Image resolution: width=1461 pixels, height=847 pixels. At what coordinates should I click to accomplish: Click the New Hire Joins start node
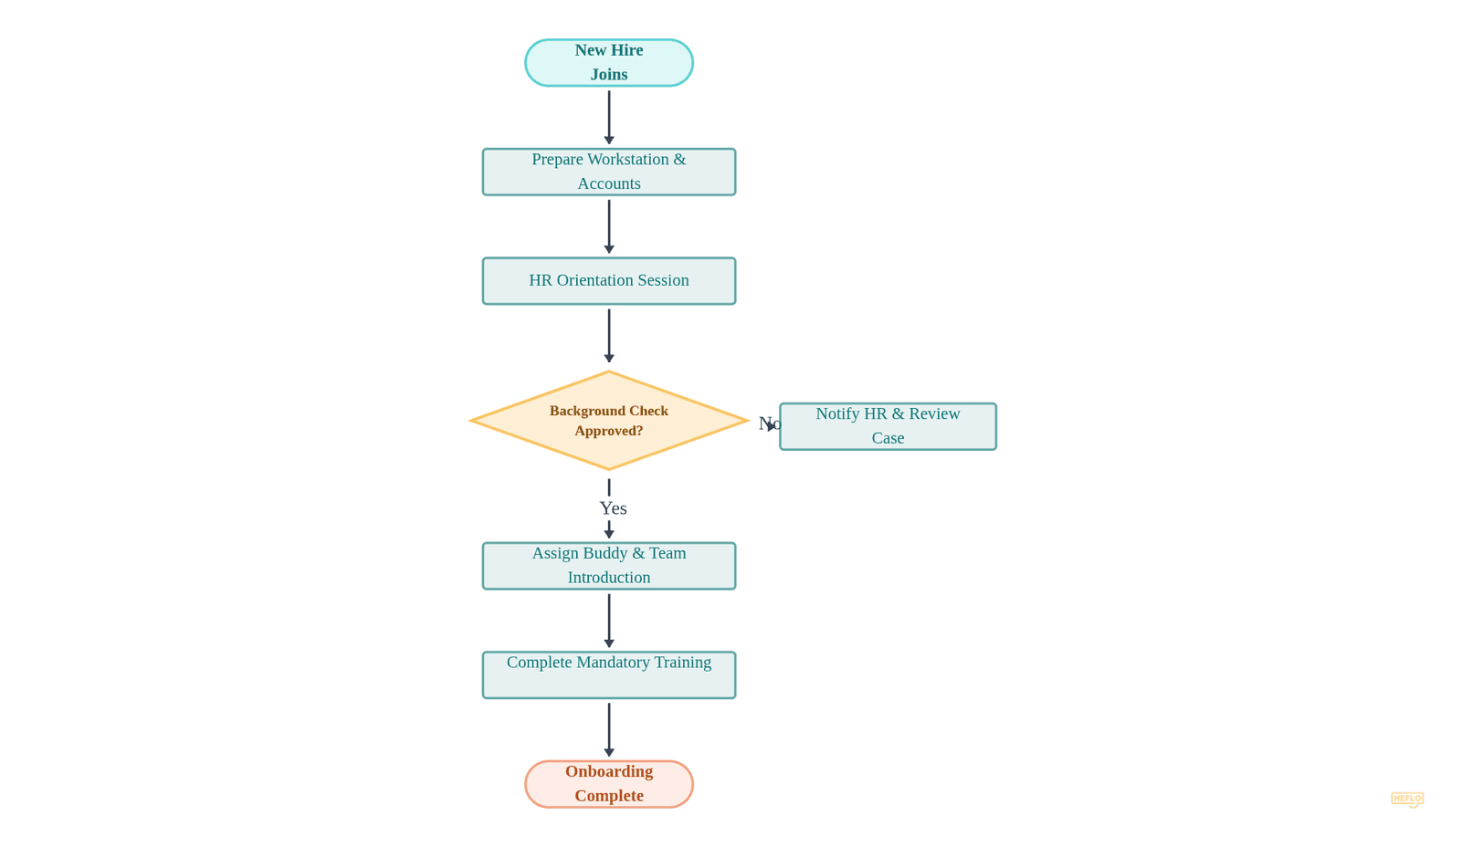pyautogui.click(x=608, y=63)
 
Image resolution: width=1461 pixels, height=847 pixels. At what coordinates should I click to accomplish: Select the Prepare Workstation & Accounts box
pyautogui.click(x=608, y=172)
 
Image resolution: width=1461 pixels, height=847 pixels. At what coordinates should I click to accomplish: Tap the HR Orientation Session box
pyautogui.click(x=608, y=281)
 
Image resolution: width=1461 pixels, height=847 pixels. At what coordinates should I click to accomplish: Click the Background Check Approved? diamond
pyautogui.click(x=608, y=421)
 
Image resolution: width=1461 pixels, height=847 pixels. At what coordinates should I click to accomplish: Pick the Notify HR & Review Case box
pyautogui.click(x=887, y=426)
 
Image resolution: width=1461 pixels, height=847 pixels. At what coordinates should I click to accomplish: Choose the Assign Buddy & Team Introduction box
pyautogui.click(x=608, y=566)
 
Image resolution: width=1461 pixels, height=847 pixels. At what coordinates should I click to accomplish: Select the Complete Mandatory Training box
pyautogui.click(x=608, y=675)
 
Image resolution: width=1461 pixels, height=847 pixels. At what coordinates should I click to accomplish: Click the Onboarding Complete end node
pyautogui.click(x=608, y=784)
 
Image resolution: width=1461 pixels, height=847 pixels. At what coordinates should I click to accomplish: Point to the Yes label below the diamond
pyautogui.click(x=613, y=508)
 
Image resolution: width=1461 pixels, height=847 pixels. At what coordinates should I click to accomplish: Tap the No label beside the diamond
pyautogui.click(x=768, y=423)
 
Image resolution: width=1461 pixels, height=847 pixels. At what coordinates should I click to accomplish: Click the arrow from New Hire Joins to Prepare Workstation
pyautogui.click(x=609, y=117)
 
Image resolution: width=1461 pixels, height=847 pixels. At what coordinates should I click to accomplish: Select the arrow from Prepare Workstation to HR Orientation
pyautogui.click(x=609, y=225)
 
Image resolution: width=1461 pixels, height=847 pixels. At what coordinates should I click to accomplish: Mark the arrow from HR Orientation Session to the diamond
pyautogui.click(x=609, y=335)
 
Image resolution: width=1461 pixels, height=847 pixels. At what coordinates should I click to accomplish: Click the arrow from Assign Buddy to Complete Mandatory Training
pyautogui.click(x=609, y=620)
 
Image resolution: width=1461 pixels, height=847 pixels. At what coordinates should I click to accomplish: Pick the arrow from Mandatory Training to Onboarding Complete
pyautogui.click(x=609, y=728)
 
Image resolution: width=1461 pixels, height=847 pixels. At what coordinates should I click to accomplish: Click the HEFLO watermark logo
pyautogui.click(x=1406, y=799)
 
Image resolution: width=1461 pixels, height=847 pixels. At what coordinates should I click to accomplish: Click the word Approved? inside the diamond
pyautogui.click(x=608, y=431)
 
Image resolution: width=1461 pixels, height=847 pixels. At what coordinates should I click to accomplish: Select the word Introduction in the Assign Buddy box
pyautogui.click(x=608, y=578)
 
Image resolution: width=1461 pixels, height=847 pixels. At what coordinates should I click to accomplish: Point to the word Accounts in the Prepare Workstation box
pyautogui.click(x=608, y=183)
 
